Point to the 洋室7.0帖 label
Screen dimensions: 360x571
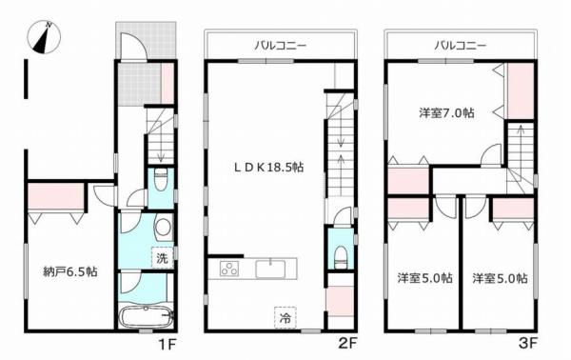click(x=447, y=112)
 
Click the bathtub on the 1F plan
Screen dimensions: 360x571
click(x=145, y=315)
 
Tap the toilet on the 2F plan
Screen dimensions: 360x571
click(x=341, y=253)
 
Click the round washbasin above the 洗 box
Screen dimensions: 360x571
click(x=163, y=228)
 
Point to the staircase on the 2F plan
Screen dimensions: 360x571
click(x=340, y=143)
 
